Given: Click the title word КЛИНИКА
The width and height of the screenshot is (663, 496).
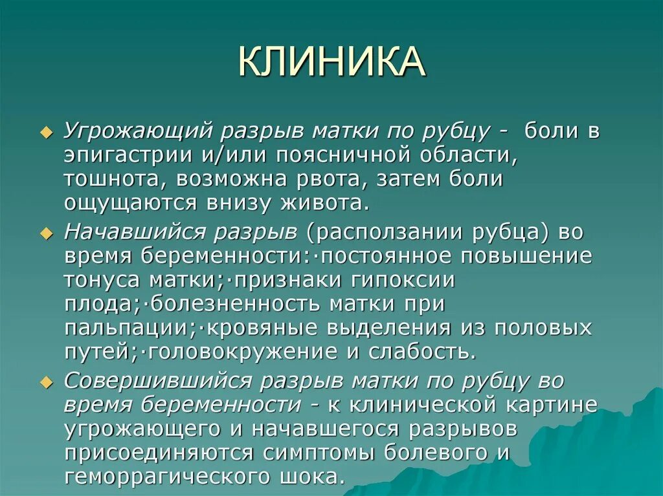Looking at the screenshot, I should [331, 63].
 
